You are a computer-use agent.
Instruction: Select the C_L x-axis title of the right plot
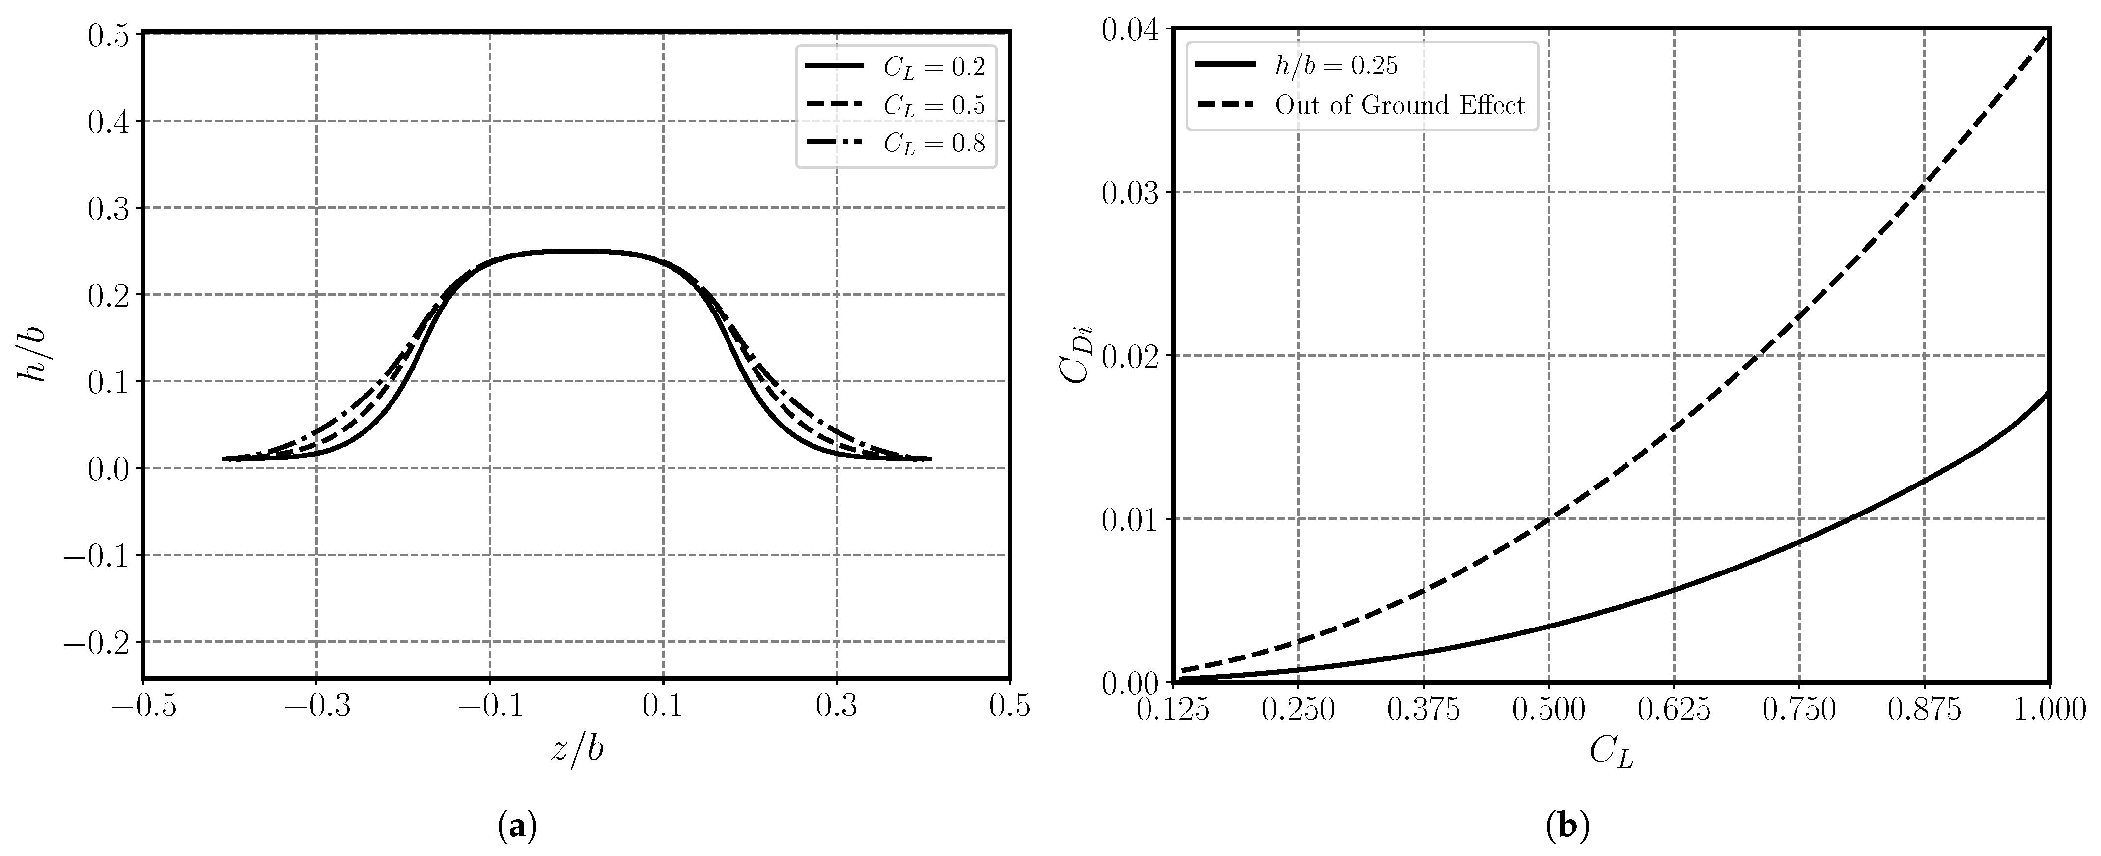point(1611,751)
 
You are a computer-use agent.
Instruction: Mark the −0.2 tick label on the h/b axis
point(98,642)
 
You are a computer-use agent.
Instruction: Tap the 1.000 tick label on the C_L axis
point(2049,711)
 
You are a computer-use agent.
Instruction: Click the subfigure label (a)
point(518,828)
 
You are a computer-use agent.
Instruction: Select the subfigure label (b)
point(1569,828)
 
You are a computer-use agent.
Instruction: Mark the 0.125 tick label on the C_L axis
point(1173,711)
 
